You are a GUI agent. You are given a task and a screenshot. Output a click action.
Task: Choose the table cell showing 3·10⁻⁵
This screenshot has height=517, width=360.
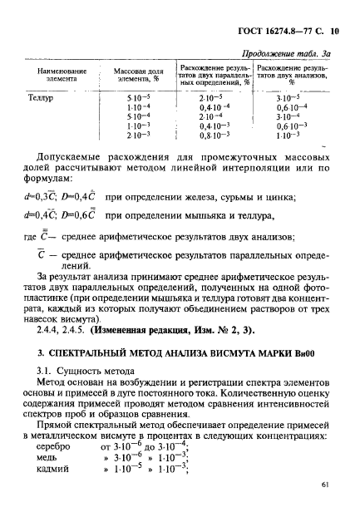292,99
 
